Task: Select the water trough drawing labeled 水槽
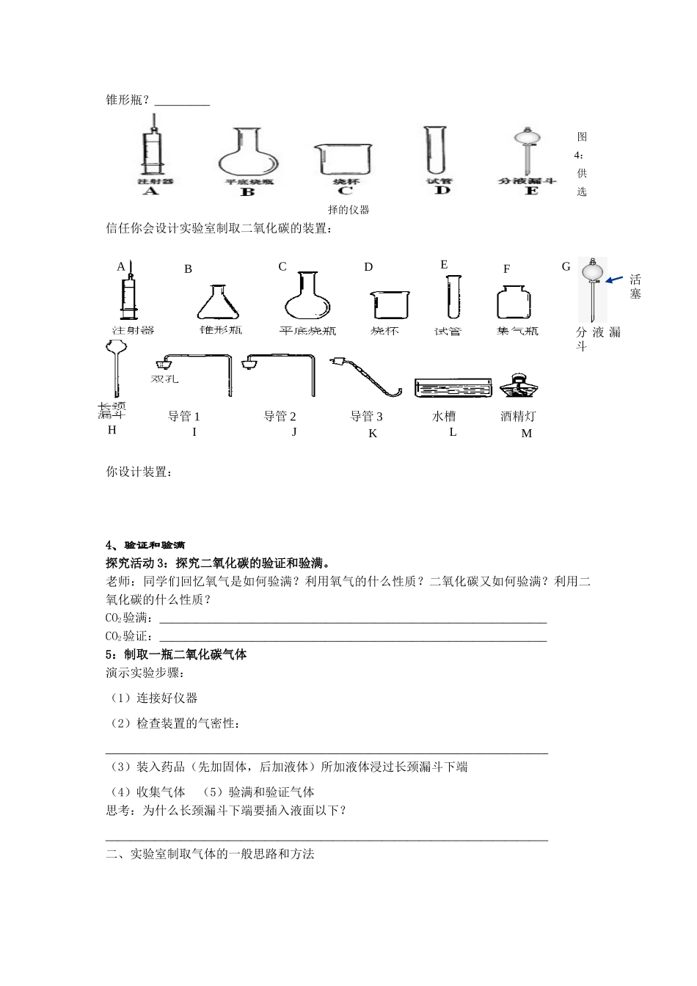(452, 388)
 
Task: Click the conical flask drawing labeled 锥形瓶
(219, 302)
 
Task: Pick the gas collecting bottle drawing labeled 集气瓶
(517, 302)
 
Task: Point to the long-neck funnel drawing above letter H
(114, 370)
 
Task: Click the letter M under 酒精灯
(526, 434)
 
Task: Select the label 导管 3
(366, 417)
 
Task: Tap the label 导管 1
(183, 417)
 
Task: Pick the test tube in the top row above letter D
(436, 150)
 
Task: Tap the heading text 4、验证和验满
(145, 545)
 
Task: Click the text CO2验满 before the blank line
(127, 618)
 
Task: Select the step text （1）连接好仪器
(153, 698)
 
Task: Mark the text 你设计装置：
(139, 472)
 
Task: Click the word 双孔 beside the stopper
(164, 379)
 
